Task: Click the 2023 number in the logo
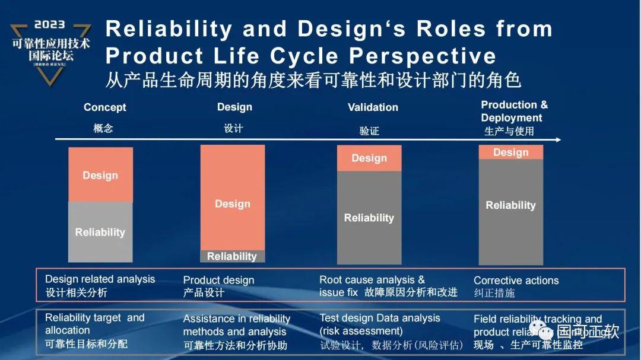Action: pyautogui.click(x=49, y=25)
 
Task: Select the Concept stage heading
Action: pyautogui.click(x=104, y=107)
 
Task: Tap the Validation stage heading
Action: pyautogui.click(x=373, y=107)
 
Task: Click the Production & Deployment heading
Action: pyautogui.click(x=514, y=111)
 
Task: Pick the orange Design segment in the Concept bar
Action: pyautogui.click(x=100, y=175)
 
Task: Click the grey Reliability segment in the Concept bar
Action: pyautogui.click(x=100, y=232)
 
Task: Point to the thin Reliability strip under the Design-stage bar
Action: pyautogui.click(x=232, y=256)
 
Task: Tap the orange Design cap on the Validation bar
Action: pyautogui.click(x=369, y=158)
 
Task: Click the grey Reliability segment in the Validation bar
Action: pyautogui.click(x=369, y=218)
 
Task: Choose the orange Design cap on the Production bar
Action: pyautogui.click(x=510, y=152)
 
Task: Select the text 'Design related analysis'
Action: pyautogui.click(x=100, y=279)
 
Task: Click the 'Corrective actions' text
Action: pyautogui.click(x=516, y=281)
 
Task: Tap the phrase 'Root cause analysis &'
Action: pyautogui.click(x=372, y=279)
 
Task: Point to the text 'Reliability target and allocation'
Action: pyautogui.click(x=94, y=324)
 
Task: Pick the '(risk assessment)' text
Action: pyautogui.click(x=361, y=331)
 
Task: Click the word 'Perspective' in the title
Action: pyautogui.click(x=423, y=56)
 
